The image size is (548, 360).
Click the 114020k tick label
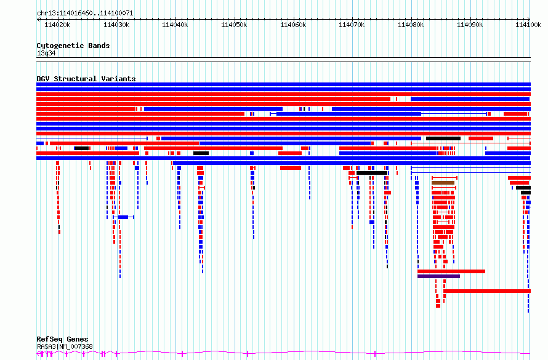coord(57,25)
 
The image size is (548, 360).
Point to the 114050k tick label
coord(234,25)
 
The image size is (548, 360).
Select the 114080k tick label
coord(411,25)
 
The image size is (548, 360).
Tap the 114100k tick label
coord(528,25)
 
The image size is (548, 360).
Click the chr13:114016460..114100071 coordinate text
coord(85,14)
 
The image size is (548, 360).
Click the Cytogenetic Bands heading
coord(73,46)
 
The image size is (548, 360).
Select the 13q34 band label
coord(46,53)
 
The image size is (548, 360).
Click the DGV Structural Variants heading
coord(86,79)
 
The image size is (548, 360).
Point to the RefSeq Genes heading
coord(62,340)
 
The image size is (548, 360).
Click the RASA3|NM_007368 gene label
coord(65,346)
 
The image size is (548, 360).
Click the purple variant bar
coord(438,276)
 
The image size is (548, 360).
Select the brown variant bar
coord(443,183)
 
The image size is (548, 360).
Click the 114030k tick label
coord(116,25)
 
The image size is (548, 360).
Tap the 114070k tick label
coord(352,25)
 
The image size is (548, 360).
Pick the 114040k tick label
coord(175,25)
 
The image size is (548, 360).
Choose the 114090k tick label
coord(470,25)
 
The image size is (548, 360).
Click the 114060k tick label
coord(293,25)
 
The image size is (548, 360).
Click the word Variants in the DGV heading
coord(118,79)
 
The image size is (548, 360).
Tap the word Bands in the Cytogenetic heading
coord(99,46)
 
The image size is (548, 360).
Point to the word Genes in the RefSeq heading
coord(77,340)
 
